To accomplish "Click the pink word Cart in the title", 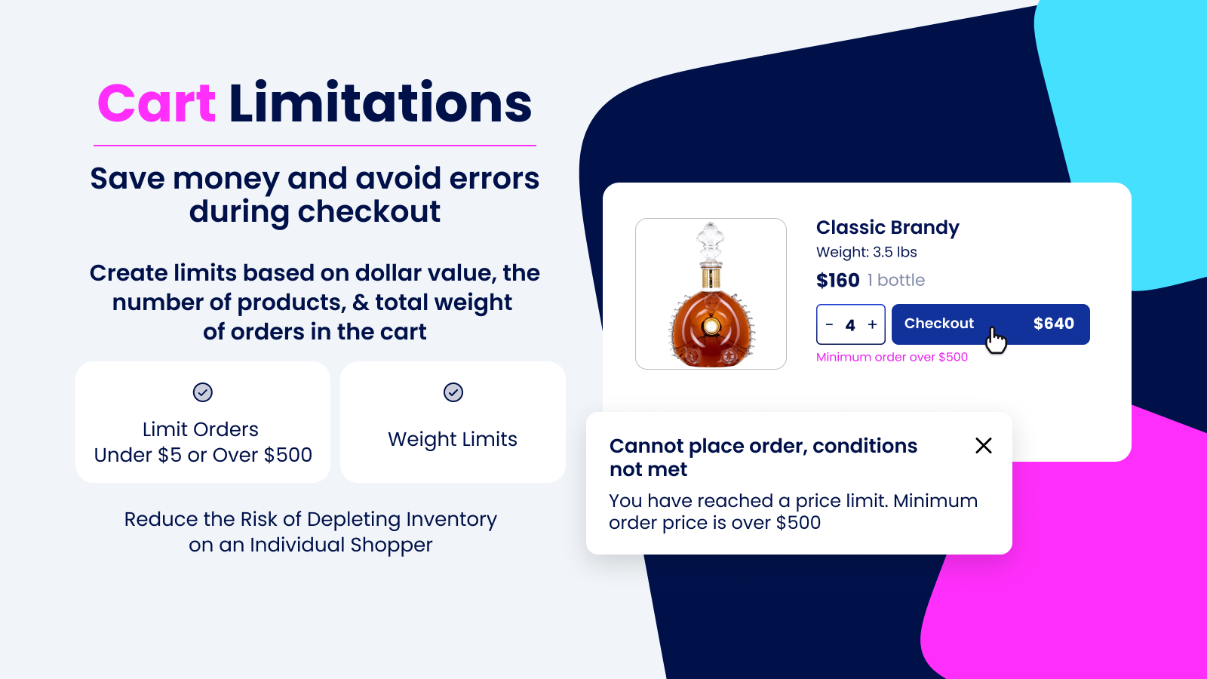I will pos(157,104).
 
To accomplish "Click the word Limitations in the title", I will pos(380,104).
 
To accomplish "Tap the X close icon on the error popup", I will pos(983,446).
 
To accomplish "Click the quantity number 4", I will pos(850,325).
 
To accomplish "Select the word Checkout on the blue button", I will pos(938,324).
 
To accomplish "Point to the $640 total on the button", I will pos(1053,324).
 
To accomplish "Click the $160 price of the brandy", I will pos(837,281).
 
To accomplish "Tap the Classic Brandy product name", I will pos(887,227).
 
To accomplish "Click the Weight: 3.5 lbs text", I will pos(866,252).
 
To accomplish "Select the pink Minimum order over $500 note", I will pos(892,357).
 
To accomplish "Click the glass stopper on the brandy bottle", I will pos(710,240).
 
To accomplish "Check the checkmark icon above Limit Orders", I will pos(203,392).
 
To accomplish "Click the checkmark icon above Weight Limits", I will pos(453,392).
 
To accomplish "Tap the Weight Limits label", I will pos(453,439).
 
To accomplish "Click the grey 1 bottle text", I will pos(896,281).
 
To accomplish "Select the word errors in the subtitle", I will pos(494,179).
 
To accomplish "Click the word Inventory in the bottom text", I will pos(451,520).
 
